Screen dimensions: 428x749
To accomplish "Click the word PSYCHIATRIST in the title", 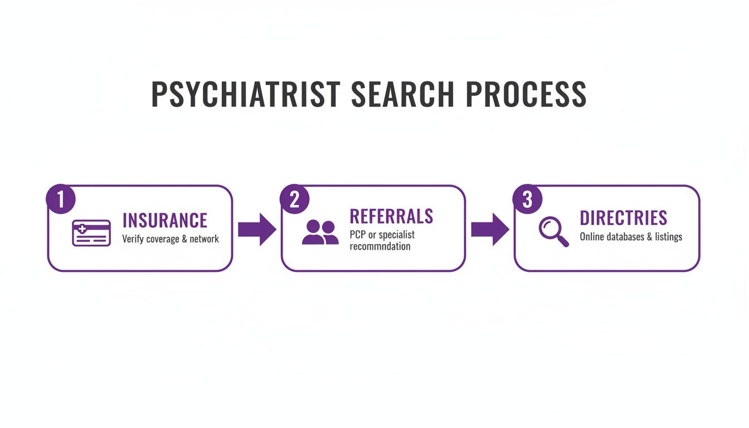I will (245, 95).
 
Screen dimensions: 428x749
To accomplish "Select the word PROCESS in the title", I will (526, 95).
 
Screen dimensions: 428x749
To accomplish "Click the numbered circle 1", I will (60, 200).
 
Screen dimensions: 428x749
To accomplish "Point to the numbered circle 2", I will (294, 200).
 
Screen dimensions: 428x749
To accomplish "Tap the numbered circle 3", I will (527, 200).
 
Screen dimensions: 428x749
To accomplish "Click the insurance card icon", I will (91, 233).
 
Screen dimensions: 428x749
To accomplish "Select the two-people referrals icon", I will (320, 232).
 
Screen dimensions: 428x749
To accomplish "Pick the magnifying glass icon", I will (553, 232).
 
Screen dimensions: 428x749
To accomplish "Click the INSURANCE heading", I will (164, 220).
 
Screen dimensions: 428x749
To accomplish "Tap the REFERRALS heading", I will (391, 216).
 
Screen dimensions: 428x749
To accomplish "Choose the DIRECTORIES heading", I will (623, 218).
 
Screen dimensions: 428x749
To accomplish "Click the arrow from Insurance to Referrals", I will (257, 229).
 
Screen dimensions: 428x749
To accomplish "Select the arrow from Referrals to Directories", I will (490, 229).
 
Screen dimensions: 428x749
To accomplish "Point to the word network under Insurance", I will (203, 239).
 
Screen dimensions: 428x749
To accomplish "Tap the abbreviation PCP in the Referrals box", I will (358, 234).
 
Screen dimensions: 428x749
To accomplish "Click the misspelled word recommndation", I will (380, 246).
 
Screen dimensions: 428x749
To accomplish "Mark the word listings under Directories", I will (669, 237).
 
